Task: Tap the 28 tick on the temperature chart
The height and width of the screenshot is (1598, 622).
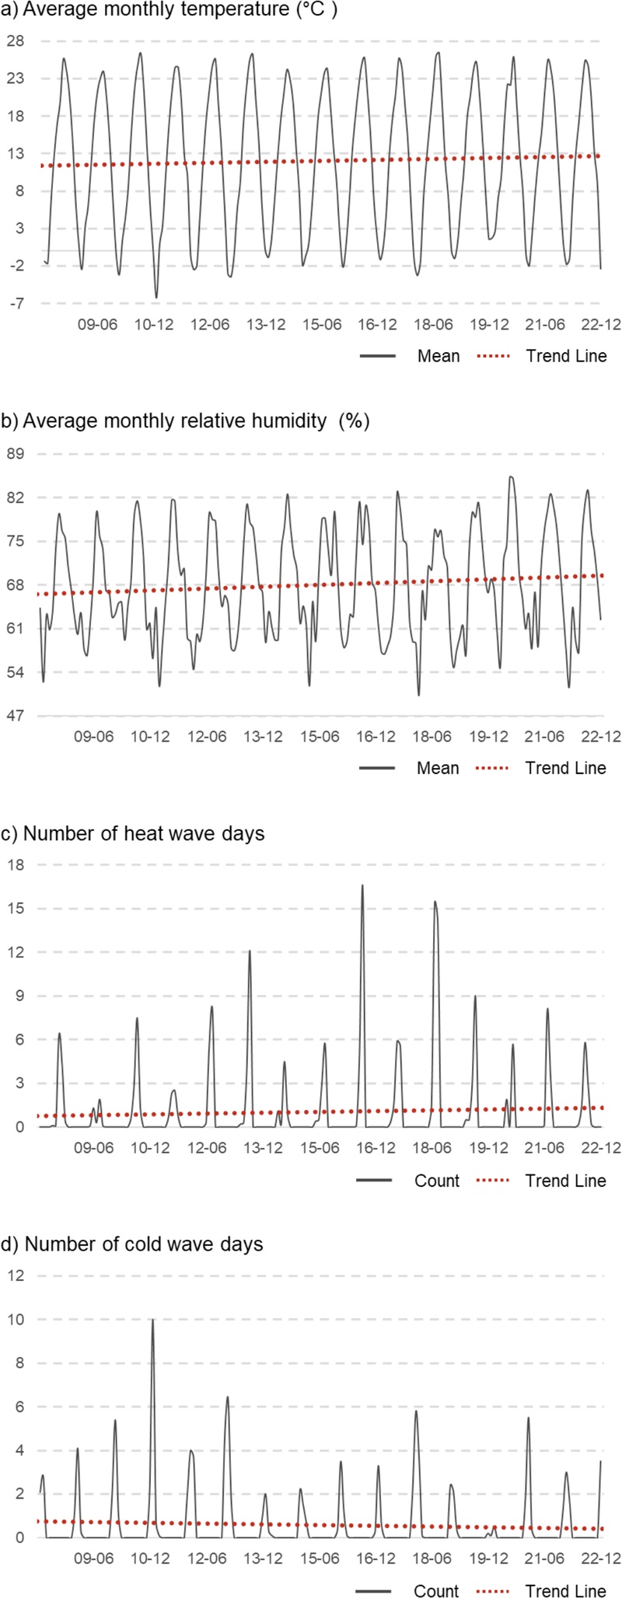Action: click(x=16, y=40)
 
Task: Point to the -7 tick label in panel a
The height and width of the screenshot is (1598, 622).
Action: click(x=16, y=303)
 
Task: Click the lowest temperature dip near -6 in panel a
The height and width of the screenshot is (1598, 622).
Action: click(x=156, y=297)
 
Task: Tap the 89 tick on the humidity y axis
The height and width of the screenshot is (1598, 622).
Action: click(x=16, y=454)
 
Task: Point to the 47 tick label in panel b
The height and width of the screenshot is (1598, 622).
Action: click(x=16, y=716)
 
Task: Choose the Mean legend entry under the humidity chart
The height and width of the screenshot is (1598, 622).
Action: click(x=438, y=768)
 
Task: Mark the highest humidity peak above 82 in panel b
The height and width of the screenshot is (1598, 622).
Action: click(x=511, y=477)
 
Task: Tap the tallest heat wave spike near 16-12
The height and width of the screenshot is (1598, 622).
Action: click(x=362, y=885)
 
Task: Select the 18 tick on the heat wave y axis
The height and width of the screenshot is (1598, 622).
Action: click(x=16, y=865)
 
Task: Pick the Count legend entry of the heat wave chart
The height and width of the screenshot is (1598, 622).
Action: click(x=437, y=1181)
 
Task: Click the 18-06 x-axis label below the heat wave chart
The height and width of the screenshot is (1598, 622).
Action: click(x=432, y=1148)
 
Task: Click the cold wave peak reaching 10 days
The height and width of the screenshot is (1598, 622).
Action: click(x=152, y=1320)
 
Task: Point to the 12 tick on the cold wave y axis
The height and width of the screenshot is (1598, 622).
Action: click(x=16, y=1275)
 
